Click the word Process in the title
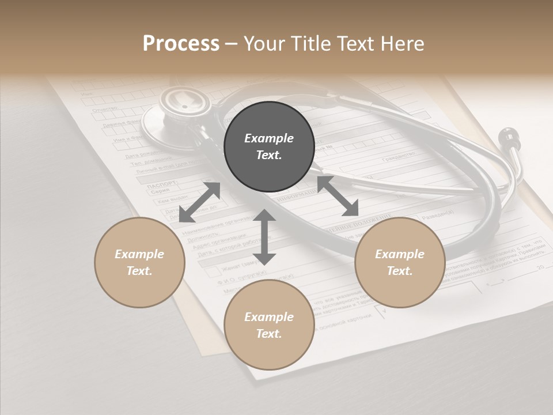click(181, 44)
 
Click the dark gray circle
click(269, 147)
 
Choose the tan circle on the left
click(139, 262)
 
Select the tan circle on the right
click(400, 262)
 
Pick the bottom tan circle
click(269, 325)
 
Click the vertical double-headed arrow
click(264, 237)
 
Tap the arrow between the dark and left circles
click(199, 202)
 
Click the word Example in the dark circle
click(269, 138)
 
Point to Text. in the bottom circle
click(269, 334)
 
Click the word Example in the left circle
click(139, 254)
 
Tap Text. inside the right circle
click(400, 271)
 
